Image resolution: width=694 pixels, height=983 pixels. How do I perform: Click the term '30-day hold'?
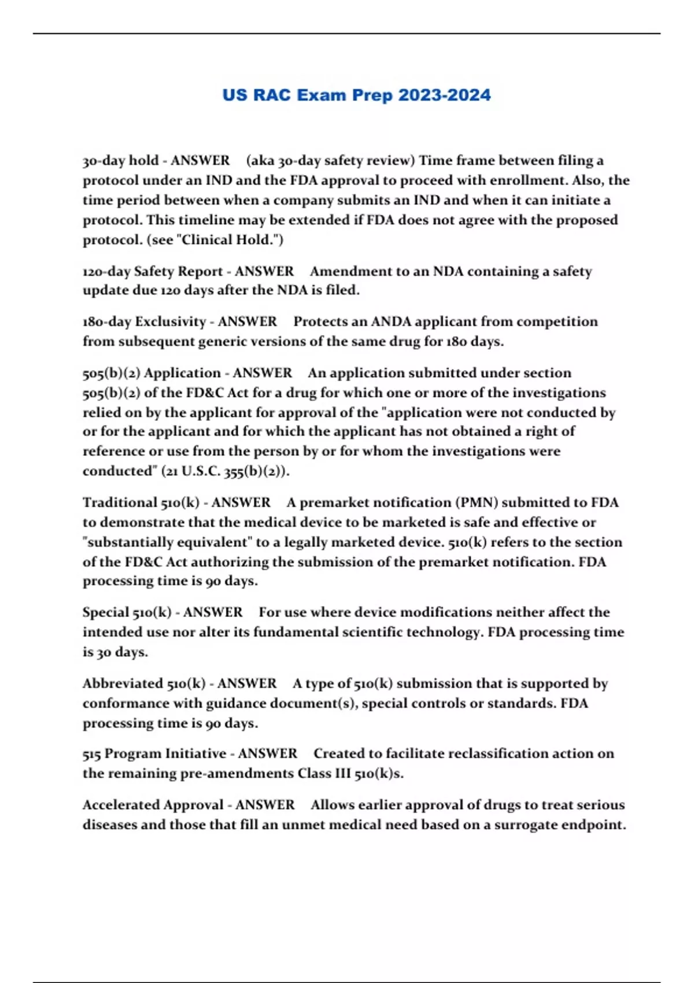tap(120, 160)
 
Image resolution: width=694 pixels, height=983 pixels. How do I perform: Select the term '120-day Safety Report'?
tap(153, 271)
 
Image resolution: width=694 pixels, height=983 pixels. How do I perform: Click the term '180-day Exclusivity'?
tap(145, 321)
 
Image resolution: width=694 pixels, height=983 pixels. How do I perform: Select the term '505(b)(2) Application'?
tap(152, 373)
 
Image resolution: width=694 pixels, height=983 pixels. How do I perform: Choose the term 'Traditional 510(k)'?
tap(141, 502)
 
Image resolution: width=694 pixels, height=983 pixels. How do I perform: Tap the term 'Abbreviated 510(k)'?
tap(144, 683)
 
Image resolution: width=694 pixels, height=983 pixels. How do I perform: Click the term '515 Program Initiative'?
tap(154, 753)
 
